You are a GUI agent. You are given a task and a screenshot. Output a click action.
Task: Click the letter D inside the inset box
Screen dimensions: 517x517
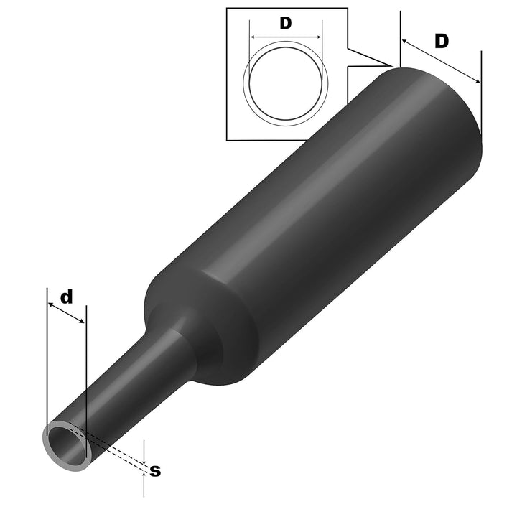point(285,23)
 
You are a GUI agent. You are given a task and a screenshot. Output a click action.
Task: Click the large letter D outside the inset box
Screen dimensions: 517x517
point(442,42)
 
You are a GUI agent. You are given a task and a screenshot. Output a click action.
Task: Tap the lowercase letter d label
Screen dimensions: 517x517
point(66,297)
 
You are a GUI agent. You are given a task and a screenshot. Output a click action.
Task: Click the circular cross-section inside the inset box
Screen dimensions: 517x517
point(286,83)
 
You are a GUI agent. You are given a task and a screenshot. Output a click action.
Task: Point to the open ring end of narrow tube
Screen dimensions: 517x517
point(67,447)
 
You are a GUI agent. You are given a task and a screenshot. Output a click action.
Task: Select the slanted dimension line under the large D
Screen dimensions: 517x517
point(439,60)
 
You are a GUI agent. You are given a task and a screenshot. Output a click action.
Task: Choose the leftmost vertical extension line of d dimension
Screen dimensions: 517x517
point(46,359)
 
